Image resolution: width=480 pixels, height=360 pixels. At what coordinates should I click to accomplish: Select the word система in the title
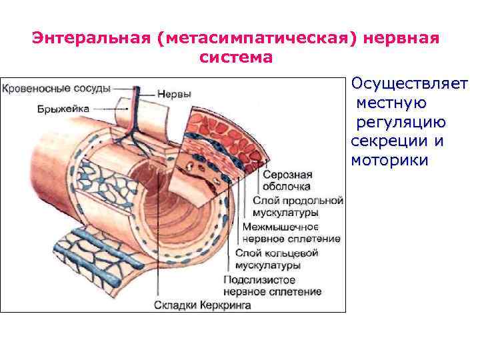[x=235, y=57]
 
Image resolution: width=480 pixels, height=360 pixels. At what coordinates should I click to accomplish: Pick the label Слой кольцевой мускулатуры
[x=277, y=259]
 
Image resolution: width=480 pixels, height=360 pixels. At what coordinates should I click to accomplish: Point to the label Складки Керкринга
[x=203, y=305]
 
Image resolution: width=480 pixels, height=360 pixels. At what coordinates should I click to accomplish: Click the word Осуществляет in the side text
[x=409, y=85]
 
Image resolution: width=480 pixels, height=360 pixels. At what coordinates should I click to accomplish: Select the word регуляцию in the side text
[x=401, y=123]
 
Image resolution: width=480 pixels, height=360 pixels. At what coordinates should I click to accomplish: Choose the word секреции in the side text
[x=384, y=142]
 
